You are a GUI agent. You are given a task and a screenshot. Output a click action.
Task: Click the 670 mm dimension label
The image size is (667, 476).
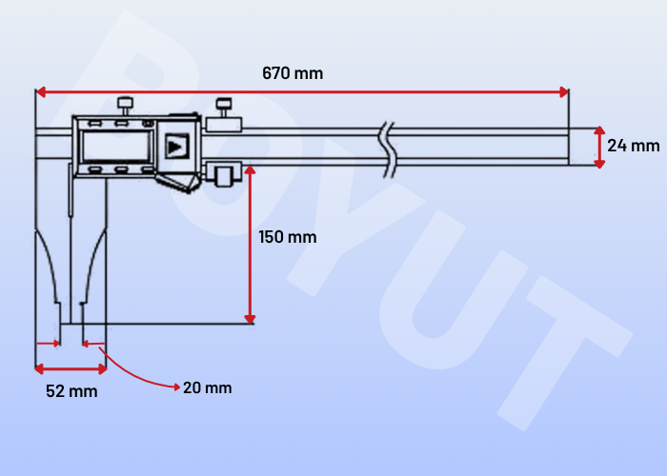tap(293, 73)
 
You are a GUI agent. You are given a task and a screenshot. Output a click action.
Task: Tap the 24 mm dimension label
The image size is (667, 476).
tap(634, 146)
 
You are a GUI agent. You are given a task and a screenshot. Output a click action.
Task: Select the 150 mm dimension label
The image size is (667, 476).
tap(288, 237)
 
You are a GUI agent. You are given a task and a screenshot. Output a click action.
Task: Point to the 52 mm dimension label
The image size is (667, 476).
tap(71, 391)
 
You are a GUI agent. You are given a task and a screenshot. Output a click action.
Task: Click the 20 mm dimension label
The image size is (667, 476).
tap(208, 387)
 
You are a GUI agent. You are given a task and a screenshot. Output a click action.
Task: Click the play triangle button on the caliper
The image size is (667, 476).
tap(176, 147)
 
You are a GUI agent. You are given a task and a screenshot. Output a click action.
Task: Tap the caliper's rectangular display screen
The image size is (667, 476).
tap(116, 146)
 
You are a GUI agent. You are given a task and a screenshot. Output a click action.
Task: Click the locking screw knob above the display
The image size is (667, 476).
tap(125, 106)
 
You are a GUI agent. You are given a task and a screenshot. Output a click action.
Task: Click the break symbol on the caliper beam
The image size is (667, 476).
tap(388, 149)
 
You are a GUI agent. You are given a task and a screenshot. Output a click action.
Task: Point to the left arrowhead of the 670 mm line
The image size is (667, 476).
tap(41, 91)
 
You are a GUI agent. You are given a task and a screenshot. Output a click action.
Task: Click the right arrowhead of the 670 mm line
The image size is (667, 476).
tap(564, 91)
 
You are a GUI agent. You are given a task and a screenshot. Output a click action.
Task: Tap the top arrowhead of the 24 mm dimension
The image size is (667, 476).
tap(599, 130)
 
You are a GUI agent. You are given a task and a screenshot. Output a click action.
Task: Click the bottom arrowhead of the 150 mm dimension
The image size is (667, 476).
tap(250, 319)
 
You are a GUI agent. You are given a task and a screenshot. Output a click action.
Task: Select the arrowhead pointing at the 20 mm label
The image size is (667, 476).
tap(177, 387)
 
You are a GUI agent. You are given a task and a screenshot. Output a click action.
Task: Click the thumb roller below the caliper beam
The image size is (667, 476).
tap(224, 176)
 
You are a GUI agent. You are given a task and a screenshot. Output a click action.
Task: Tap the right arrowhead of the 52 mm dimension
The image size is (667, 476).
tap(102, 369)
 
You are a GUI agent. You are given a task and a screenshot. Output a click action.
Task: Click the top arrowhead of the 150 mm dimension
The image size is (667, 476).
tap(250, 170)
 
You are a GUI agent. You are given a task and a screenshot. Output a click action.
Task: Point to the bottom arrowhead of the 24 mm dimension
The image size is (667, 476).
tap(599, 164)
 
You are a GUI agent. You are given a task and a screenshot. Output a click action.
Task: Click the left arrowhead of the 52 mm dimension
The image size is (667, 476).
tap(40, 369)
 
